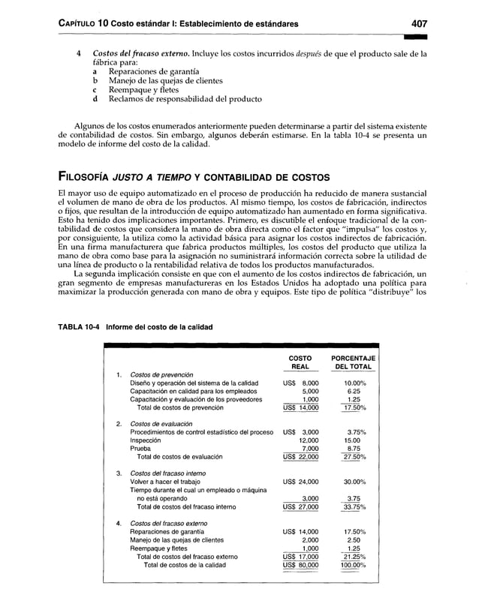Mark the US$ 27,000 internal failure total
coord(300,506)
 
